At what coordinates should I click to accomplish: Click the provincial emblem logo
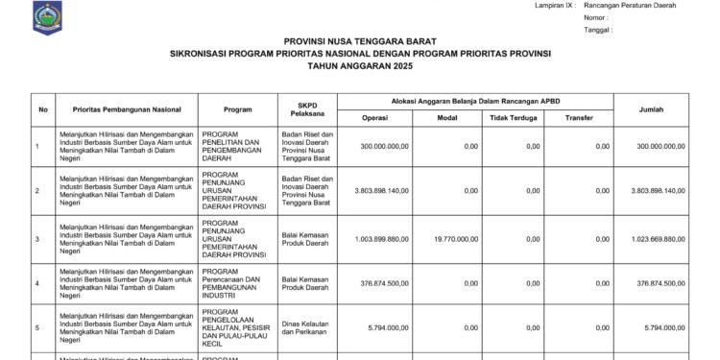click(x=45, y=14)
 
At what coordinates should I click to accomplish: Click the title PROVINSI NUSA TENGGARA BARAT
click(x=360, y=42)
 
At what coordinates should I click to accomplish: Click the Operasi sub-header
click(x=374, y=118)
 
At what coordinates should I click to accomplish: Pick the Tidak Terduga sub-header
click(x=512, y=118)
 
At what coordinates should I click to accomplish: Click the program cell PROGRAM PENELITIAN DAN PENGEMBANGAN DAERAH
click(x=234, y=146)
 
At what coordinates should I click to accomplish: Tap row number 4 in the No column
click(x=37, y=283)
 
